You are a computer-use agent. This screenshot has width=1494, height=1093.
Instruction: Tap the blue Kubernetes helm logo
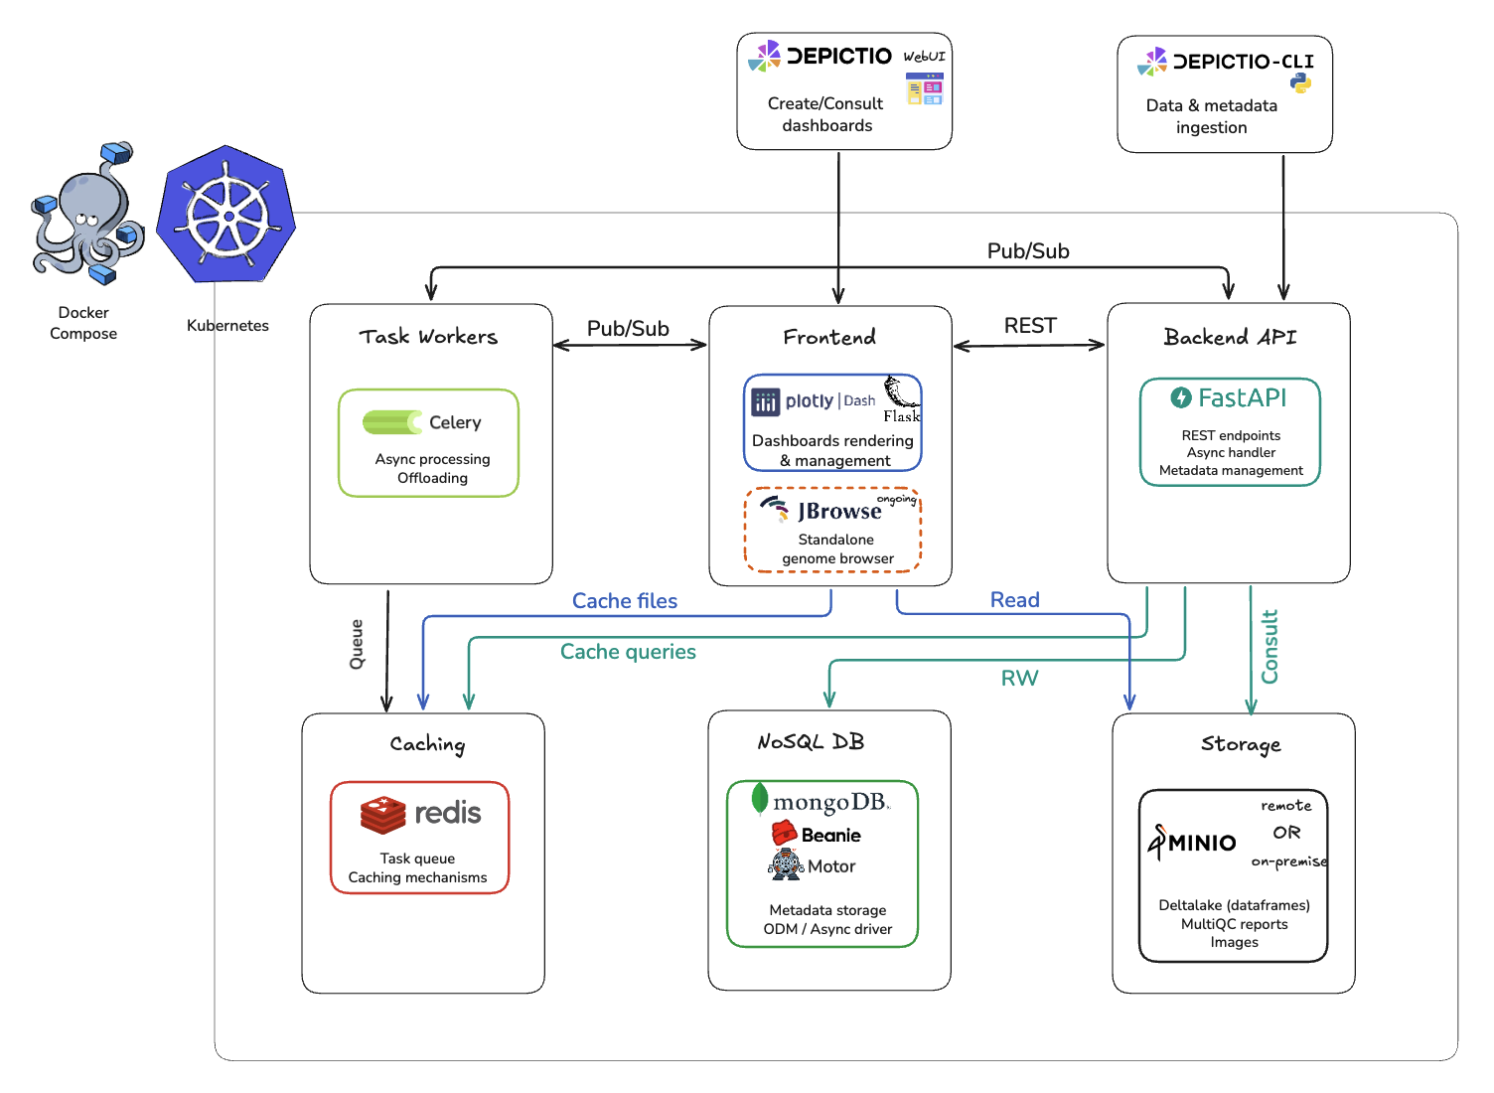pos(226,216)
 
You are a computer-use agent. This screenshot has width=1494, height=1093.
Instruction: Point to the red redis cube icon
pos(383,815)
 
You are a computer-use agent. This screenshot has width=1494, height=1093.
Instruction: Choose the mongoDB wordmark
pos(829,802)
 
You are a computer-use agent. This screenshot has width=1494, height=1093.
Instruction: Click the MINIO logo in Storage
pos(1193,843)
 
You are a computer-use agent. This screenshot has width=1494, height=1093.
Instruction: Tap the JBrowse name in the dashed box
pos(839,511)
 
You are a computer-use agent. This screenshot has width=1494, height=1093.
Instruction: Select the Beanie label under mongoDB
pos(830,836)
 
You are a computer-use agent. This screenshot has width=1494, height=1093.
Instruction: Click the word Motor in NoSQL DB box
pos(831,866)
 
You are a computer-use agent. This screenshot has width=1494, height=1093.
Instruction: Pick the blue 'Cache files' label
pos(625,601)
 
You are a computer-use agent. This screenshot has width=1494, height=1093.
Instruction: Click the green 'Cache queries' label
pos(628,652)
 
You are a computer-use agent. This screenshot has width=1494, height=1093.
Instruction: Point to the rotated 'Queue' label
pos(357,644)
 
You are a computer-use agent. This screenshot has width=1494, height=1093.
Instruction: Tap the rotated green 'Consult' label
pos(1270,647)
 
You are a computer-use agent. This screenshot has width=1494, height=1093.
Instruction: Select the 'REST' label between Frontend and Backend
pos(1030,326)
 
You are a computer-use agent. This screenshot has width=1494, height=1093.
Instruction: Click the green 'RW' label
pos(1019,679)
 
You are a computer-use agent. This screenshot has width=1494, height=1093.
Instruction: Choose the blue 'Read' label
pos(1014,600)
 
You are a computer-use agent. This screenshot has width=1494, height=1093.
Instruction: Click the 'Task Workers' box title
pos(428,337)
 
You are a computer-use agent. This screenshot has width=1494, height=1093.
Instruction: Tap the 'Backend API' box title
pos(1230,337)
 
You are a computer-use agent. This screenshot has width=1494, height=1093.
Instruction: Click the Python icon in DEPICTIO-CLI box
pos(1300,84)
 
